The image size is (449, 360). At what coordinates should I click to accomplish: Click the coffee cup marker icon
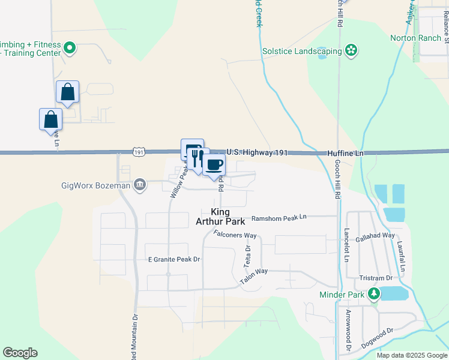pos(214,164)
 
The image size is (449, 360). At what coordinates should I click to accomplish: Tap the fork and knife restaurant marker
pos(196,158)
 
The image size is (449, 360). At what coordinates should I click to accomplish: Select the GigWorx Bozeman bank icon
pos(139,184)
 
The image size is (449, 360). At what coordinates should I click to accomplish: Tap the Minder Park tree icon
pos(375,294)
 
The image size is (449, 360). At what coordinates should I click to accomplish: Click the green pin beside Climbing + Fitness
pos(70,47)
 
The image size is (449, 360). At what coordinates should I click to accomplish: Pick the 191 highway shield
pos(139,153)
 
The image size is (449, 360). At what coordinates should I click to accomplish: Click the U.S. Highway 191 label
pos(257,153)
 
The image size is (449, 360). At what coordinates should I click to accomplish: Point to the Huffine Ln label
pos(345,154)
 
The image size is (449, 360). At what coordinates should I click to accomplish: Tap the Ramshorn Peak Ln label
pos(279,218)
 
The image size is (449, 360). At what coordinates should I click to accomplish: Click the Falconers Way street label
pos(235,234)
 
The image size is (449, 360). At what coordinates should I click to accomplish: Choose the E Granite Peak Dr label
pos(173,259)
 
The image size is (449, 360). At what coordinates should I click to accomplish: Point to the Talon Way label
pos(253,276)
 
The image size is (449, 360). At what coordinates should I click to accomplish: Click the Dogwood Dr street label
pos(377,340)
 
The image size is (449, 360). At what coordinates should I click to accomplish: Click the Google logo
pos(20,353)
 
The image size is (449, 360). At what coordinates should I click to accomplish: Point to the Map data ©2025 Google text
pos(412,355)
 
